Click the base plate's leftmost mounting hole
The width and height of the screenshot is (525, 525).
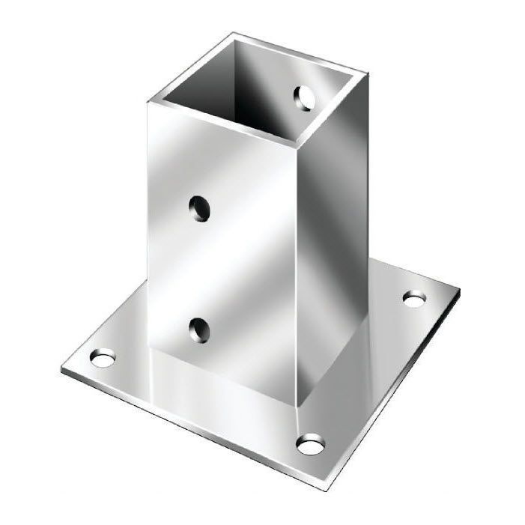pos(101,359)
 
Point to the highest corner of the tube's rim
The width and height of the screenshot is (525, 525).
pos(234,34)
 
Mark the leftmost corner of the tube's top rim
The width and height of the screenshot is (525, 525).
pos(148,101)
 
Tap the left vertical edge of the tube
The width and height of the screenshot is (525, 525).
pos(149,225)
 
